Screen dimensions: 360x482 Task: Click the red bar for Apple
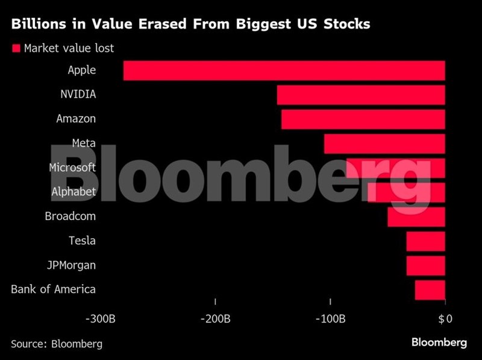pos(284,71)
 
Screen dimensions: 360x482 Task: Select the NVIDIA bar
pos(361,95)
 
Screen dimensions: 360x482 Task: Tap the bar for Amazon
pos(363,119)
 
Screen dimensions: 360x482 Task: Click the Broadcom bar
pos(416,216)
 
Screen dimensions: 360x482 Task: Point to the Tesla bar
pos(425,241)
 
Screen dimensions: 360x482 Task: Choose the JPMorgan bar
pos(425,265)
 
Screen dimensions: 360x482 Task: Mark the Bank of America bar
pos(430,290)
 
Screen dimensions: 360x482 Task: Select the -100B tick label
pos(330,318)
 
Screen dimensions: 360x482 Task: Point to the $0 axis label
pos(445,318)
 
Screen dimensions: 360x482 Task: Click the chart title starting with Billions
pos(190,25)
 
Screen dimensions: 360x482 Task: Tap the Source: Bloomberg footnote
pos(57,344)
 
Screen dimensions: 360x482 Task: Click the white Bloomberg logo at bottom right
pos(439,343)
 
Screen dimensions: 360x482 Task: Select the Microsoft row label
pos(72,168)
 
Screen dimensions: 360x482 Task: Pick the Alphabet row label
pos(73,192)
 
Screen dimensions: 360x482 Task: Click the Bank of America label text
pos(53,289)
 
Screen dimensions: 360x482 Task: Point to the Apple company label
pos(81,70)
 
